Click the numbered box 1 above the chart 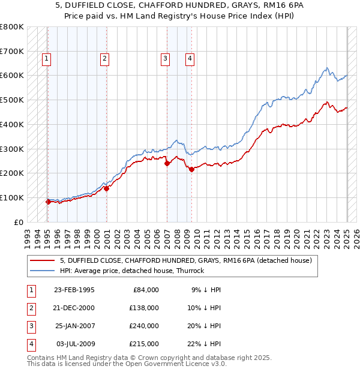[46, 58]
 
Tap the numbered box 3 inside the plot [164, 58]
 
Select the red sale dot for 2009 [191, 170]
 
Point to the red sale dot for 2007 [167, 163]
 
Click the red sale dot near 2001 [106, 188]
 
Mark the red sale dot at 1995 [48, 202]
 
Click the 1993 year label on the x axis [28, 236]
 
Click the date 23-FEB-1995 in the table [74, 290]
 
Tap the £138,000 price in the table [144, 308]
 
